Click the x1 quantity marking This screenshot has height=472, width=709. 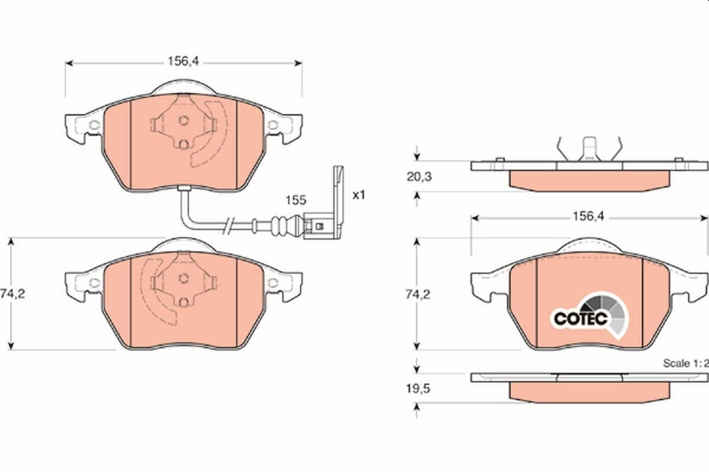[x=359, y=195]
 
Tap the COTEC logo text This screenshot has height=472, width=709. [x=580, y=318]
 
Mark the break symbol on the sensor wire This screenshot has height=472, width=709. [x=229, y=225]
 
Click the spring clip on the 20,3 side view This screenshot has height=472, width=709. [x=589, y=149]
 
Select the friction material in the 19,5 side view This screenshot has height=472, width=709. [x=589, y=392]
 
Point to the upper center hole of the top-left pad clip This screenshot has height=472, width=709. [x=183, y=120]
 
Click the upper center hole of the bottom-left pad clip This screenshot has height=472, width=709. [x=183, y=278]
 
